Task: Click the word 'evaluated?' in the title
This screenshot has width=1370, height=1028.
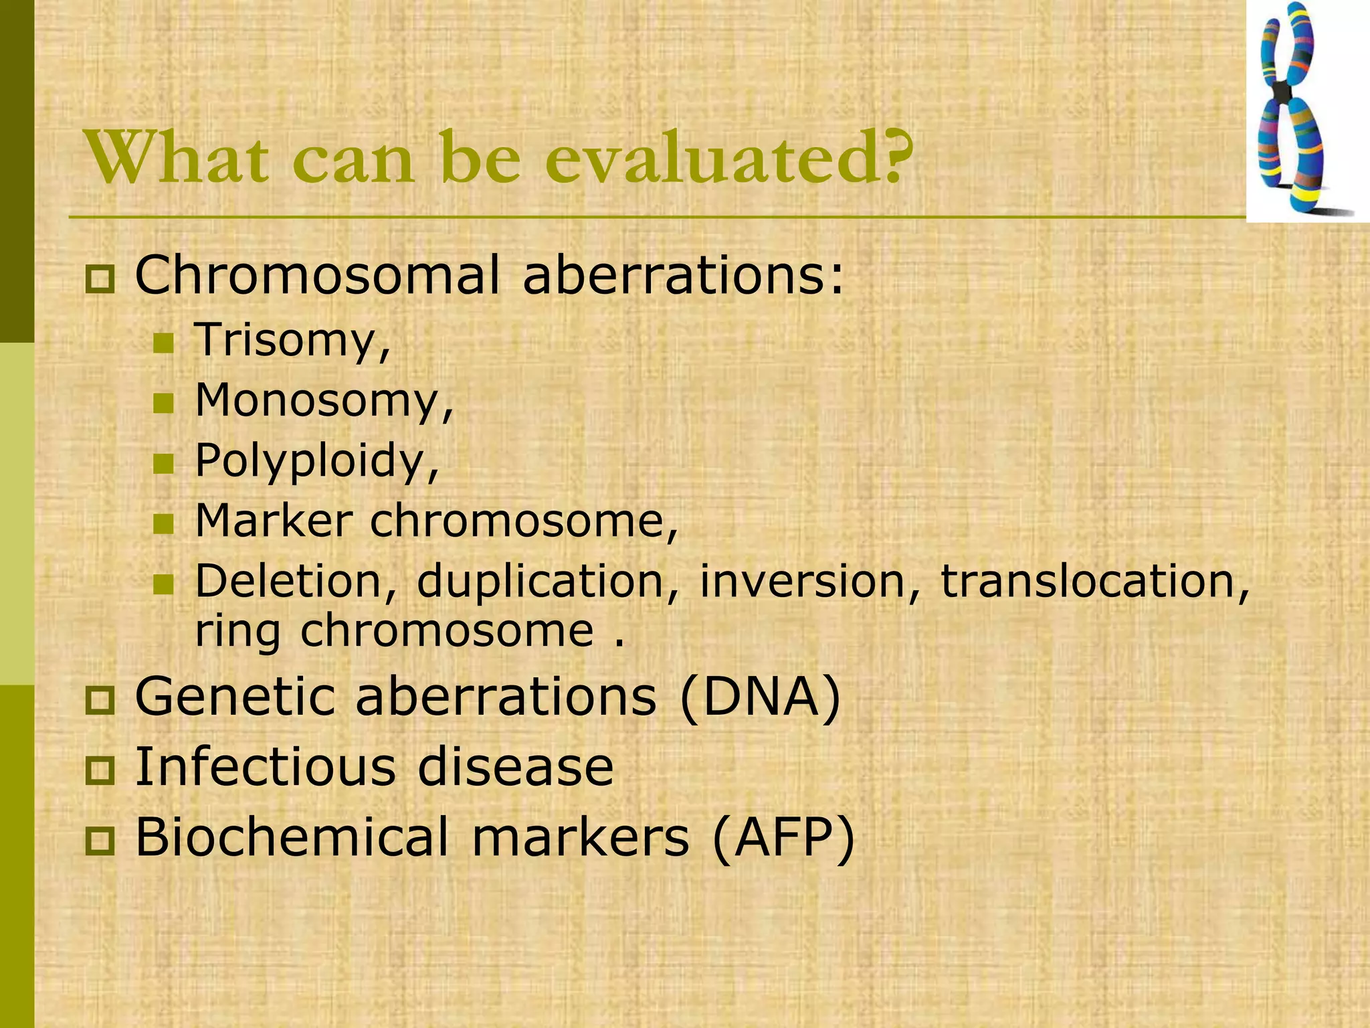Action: coord(729,159)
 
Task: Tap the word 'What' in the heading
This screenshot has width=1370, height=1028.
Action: coord(173,159)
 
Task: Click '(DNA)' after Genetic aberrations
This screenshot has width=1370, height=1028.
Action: coord(760,697)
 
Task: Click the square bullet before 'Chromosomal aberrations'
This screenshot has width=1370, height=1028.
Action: coord(100,279)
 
